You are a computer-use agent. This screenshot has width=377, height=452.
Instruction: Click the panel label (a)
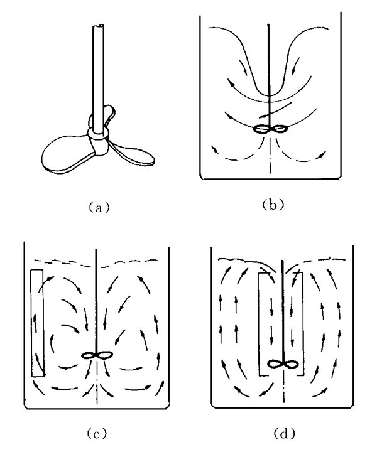tap(99, 207)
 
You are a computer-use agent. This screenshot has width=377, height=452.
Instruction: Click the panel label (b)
tap(273, 205)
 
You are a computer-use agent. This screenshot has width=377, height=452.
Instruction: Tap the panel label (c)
tap(97, 433)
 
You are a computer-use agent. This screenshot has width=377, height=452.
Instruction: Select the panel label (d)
tap(285, 433)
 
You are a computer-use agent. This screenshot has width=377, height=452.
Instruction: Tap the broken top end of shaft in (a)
tap(99, 26)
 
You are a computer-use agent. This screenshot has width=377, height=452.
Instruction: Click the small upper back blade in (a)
tap(109, 114)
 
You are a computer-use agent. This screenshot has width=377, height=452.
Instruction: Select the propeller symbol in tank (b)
tap(270, 129)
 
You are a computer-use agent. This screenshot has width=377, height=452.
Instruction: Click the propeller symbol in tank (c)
tap(97, 355)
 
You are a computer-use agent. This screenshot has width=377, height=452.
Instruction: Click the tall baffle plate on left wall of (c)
tap(38, 323)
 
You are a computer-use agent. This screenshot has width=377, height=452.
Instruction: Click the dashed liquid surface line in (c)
tap(96, 263)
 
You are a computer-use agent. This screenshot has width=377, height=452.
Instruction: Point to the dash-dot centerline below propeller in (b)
tap(270, 155)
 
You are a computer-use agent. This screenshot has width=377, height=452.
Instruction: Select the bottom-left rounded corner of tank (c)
tap(26, 406)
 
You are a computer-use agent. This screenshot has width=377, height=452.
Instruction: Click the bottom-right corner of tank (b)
tap(341, 179)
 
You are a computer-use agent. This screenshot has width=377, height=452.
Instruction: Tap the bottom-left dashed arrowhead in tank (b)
tap(215, 149)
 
